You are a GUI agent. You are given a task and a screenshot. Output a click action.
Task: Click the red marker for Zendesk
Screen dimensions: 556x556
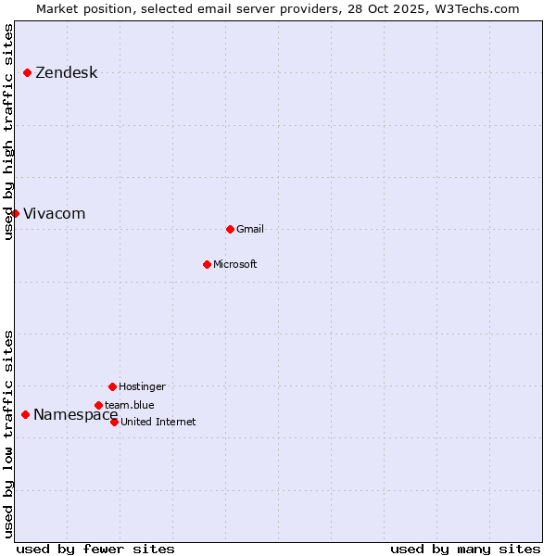tap(28, 72)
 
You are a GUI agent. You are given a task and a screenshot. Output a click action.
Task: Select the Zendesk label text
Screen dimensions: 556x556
tap(66, 73)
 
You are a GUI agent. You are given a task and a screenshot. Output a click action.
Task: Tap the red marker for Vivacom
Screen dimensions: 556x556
tap(15, 213)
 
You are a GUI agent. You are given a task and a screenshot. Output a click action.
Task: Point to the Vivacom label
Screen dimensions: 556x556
tap(54, 214)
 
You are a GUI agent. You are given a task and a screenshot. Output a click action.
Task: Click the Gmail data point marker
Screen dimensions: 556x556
tap(230, 229)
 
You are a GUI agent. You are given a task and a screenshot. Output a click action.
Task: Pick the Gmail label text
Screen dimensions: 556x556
tap(250, 230)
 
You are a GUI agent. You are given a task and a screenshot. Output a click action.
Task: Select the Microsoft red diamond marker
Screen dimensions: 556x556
tap(207, 264)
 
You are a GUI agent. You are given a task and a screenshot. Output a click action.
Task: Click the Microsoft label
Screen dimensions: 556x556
tap(235, 265)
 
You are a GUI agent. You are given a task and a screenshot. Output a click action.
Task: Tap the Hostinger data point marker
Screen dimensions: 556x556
tap(112, 386)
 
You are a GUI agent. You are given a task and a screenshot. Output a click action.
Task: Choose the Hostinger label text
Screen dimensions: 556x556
tap(142, 387)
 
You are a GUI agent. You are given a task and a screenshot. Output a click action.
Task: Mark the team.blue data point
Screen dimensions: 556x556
tap(98, 405)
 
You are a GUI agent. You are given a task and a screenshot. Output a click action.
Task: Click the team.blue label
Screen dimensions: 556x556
tap(130, 405)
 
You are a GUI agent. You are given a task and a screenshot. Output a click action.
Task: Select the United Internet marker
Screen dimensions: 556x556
tap(114, 422)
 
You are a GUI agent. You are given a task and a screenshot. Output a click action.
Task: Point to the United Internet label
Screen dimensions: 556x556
tap(158, 423)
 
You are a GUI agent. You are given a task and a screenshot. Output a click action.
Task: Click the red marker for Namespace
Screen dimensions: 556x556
tap(25, 414)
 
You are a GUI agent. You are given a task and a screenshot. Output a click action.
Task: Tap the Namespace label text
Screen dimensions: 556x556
tap(75, 415)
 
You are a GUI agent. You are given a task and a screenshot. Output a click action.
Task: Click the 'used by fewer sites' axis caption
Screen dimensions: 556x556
tap(95, 549)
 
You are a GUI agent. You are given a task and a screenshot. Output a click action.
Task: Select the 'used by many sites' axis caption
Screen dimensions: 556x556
tap(465, 549)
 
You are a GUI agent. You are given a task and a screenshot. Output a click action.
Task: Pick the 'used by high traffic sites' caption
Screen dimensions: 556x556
tap(8, 132)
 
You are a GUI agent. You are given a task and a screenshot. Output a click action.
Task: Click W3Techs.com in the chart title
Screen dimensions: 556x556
tap(474, 8)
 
